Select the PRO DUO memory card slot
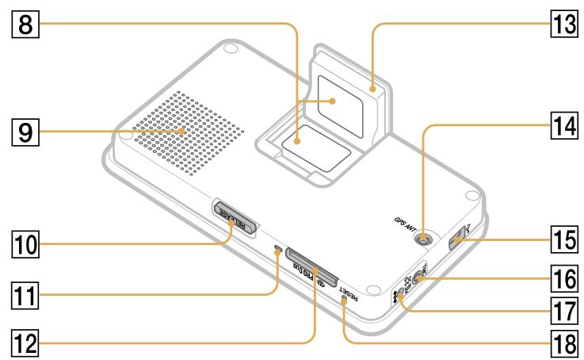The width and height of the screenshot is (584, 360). click(x=311, y=265)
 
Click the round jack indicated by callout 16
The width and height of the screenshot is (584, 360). click(x=418, y=279)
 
